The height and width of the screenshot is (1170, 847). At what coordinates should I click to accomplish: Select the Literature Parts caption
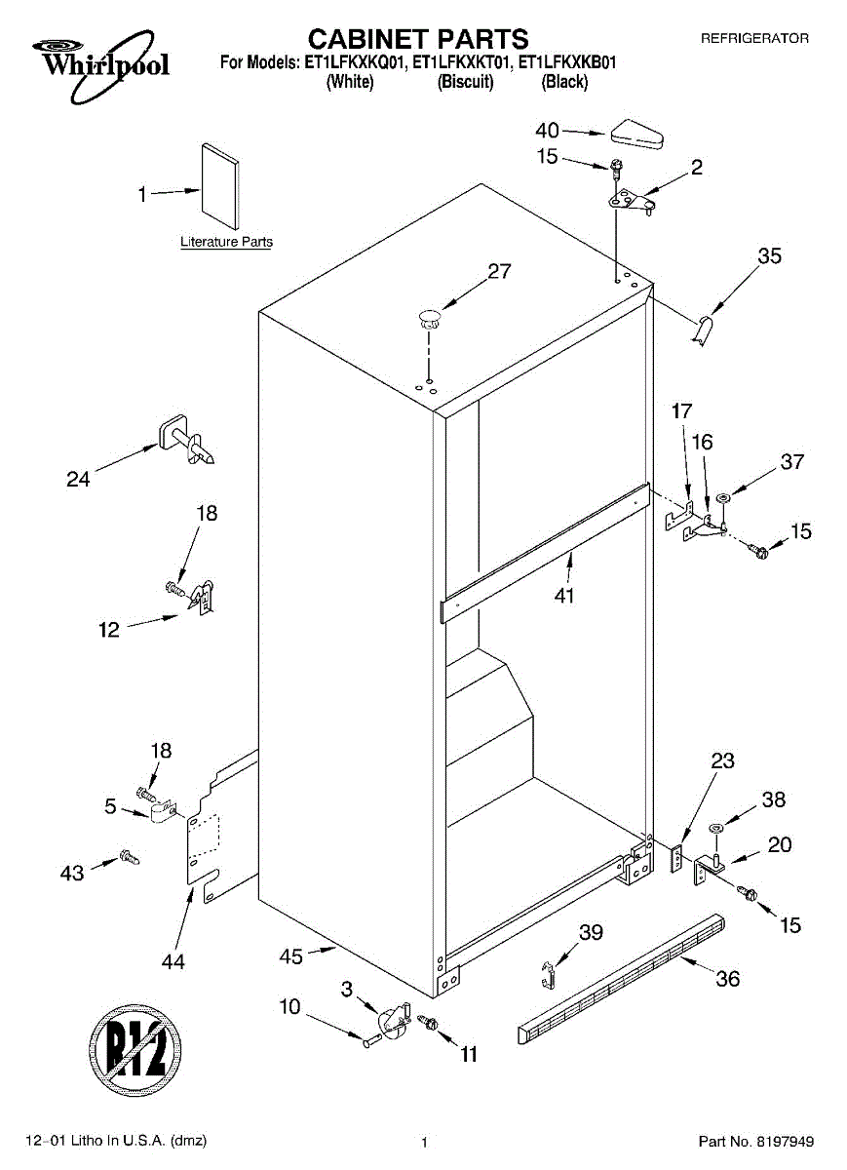(226, 242)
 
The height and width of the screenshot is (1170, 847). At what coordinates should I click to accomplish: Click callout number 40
(548, 131)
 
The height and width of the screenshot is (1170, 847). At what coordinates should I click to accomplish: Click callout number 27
(499, 272)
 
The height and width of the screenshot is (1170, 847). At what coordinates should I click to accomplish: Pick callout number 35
(769, 256)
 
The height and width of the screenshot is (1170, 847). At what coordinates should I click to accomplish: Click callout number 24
(79, 479)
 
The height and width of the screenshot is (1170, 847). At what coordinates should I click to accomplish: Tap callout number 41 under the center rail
(564, 596)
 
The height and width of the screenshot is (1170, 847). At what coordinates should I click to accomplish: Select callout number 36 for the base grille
(728, 979)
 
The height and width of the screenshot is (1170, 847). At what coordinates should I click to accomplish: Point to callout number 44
(173, 961)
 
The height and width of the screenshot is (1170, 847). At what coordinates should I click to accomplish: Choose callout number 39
(591, 933)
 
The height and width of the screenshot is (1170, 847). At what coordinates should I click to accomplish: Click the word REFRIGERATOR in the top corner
(754, 38)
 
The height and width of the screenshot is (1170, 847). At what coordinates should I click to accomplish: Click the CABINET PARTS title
(418, 38)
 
